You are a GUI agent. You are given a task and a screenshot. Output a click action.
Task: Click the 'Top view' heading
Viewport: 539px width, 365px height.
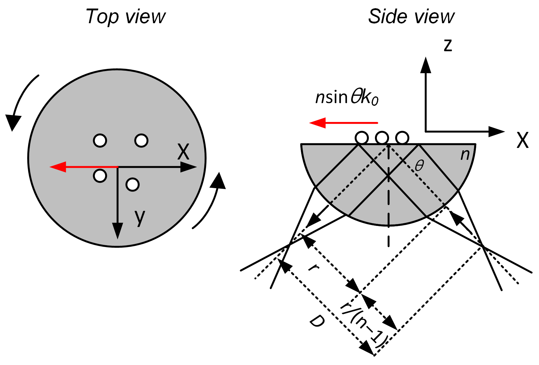(x=126, y=16)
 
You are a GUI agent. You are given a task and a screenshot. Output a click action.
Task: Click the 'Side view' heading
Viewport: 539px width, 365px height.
(x=411, y=16)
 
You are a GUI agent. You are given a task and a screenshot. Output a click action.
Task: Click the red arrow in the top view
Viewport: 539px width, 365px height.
(x=83, y=167)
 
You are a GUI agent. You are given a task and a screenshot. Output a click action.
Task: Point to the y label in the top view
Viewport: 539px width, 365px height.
(x=140, y=217)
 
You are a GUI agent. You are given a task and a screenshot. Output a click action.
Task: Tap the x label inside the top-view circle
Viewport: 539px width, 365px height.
(x=183, y=152)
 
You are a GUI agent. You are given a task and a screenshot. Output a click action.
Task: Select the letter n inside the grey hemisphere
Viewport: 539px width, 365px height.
(x=465, y=155)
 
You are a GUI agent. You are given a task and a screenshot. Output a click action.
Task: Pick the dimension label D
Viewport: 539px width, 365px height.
(x=317, y=322)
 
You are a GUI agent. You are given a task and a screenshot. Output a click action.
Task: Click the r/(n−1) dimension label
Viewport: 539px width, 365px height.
(x=364, y=325)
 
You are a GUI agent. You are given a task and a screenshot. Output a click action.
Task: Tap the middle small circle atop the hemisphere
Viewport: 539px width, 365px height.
(x=382, y=138)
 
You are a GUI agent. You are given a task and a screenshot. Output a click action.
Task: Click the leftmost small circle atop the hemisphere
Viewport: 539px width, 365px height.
(x=362, y=138)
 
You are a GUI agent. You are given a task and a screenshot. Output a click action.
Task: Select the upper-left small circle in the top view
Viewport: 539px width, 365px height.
(x=100, y=141)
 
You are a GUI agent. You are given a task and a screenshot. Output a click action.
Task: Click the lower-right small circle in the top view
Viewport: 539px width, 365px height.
(x=132, y=184)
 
